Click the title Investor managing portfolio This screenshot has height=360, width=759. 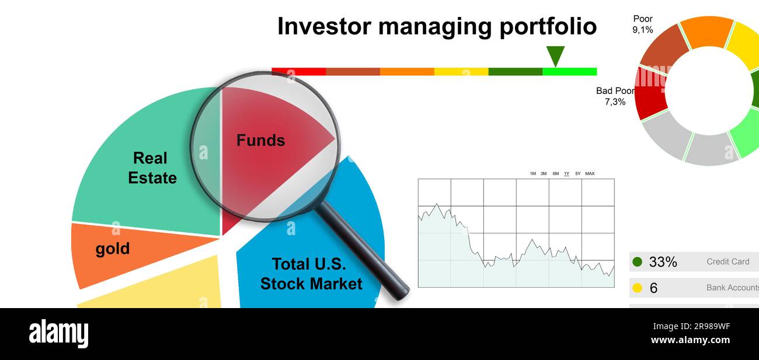(x=437, y=27)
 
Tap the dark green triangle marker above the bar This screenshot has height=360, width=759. (x=555, y=55)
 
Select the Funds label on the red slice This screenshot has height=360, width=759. (x=260, y=141)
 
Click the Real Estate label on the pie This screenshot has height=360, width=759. (x=152, y=168)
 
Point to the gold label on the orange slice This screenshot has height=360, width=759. (x=113, y=249)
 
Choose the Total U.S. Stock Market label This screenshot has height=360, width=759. (x=311, y=274)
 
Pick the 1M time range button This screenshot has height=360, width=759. (x=532, y=173)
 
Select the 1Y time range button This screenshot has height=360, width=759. (x=566, y=173)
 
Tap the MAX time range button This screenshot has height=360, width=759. (x=590, y=173)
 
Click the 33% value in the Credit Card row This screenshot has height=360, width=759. (x=663, y=263)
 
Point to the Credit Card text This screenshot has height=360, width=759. (x=727, y=262)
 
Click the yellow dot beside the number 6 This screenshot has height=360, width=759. (x=637, y=288)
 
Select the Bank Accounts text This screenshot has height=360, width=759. (x=732, y=288)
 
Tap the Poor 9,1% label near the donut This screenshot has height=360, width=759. (x=643, y=25)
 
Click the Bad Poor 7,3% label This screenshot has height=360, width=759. (x=614, y=96)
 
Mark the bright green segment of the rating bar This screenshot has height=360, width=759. (x=569, y=72)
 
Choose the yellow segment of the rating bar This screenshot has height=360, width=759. (x=461, y=72)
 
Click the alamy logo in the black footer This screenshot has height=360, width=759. (x=58, y=334)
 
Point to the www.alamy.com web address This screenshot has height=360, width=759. (x=690, y=340)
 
